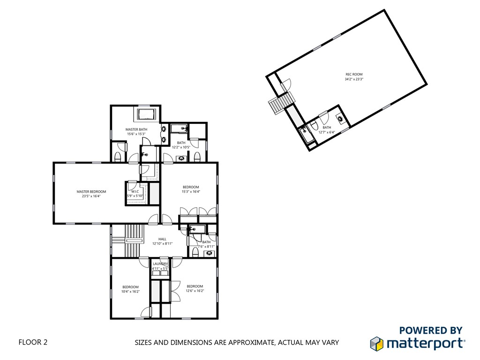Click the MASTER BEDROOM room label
tap(91, 192)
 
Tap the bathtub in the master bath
tap(147, 114)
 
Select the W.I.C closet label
tap(135, 191)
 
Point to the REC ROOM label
tap(354, 75)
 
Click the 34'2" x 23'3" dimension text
tap(354, 79)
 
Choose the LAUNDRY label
tap(160, 264)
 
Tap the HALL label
tap(162, 239)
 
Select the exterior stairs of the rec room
tap(282, 103)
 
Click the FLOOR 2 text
tap(33, 342)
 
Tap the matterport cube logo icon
tap(376, 344)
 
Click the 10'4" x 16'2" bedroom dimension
tap(130, 292)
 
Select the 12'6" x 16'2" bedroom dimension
tap(195, 291)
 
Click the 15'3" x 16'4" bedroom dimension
tap(191, 192)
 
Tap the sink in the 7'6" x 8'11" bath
tap(209, 253)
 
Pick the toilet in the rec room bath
tap(314, 125)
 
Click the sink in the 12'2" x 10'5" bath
tap(181, 158)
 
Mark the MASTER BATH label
tap(136, 129)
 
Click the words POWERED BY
tap(431, 330)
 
